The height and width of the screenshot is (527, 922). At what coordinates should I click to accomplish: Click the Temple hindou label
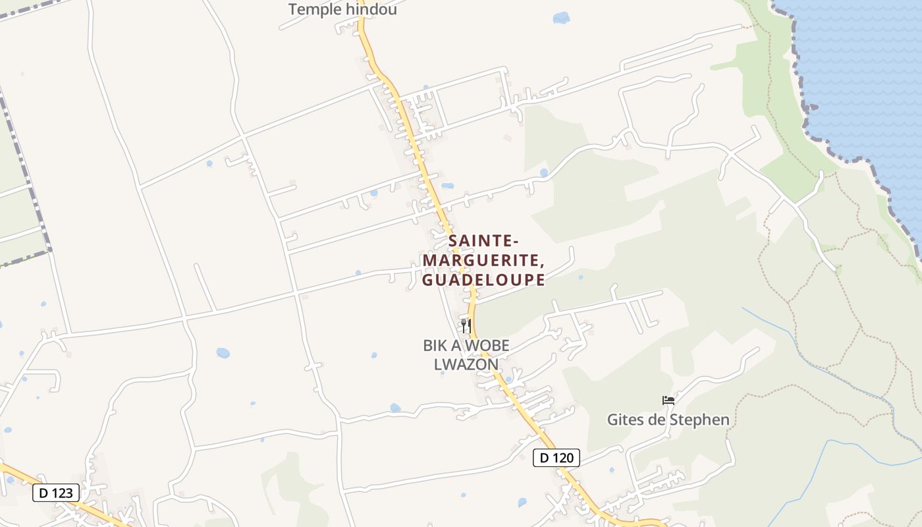coord(342,10)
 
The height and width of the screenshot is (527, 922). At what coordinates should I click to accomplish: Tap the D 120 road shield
coord(556,458)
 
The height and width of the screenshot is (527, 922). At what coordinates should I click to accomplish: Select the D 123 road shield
coord(56,492)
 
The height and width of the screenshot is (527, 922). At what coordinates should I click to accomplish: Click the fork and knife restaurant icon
coord(466,325)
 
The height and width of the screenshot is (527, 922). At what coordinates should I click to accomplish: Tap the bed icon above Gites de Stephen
coord(668,401)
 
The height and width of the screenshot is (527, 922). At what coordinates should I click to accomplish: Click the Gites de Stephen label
coord(668,420)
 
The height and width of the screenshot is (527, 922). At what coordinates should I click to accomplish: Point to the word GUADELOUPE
coord(483,280)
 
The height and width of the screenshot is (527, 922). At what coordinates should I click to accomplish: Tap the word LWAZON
coord(466,364)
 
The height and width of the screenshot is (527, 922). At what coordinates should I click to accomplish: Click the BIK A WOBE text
coord(466,345)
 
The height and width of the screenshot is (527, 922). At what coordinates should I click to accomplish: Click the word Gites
coord(625,420)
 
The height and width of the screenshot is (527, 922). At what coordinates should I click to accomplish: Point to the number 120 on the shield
coord(564,458)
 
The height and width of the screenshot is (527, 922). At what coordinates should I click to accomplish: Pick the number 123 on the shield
coord(64,492)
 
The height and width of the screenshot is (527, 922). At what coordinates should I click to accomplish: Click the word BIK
coord(435,345)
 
